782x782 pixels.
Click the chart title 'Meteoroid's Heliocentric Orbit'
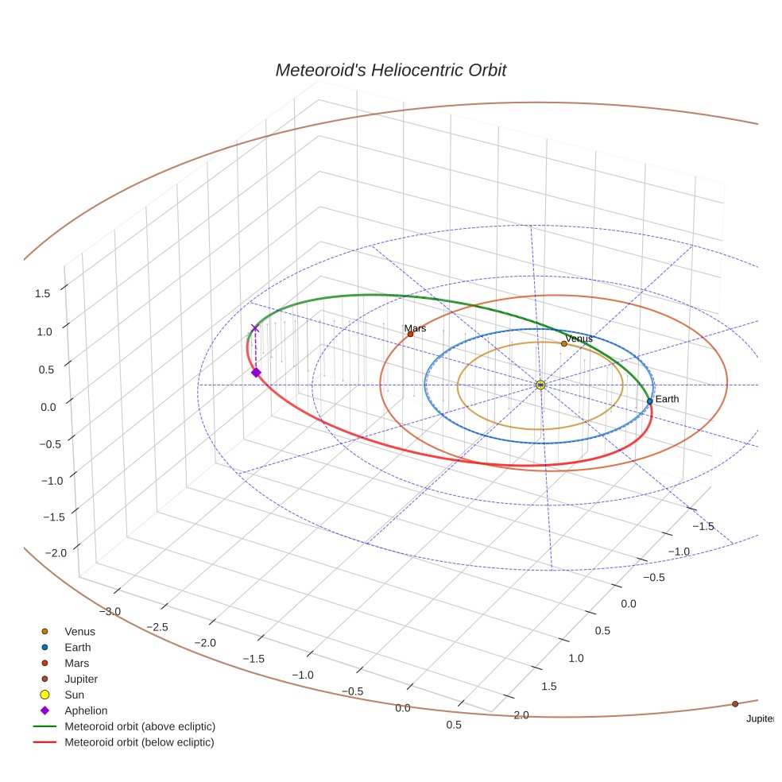(x=390, y=70)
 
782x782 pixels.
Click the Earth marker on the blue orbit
(x=649, y=401)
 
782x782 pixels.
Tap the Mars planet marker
(x=410, y=335)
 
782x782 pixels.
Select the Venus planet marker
(x=563, y=343)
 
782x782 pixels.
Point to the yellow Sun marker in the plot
(x=540, y=385)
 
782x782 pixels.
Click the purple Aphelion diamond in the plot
(x=256, y=372)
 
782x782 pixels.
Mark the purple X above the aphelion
(x=255, y=328)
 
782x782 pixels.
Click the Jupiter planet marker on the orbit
(x=735, y=704)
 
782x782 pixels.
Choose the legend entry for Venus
(x=79, y=632)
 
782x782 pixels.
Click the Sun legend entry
(x=75, y=695)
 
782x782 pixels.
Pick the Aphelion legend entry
(x=86, y=710)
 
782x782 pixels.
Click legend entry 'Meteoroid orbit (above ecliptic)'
(x=140, y=726)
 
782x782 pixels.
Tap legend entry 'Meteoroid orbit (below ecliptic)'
(x=140, y=742)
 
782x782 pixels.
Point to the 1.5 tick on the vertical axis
(x=42, y=293)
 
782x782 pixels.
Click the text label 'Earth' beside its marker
(x=668, y=398)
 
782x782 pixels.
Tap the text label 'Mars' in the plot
(x=415, y=328)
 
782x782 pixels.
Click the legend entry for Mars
(x=76, y=664)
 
